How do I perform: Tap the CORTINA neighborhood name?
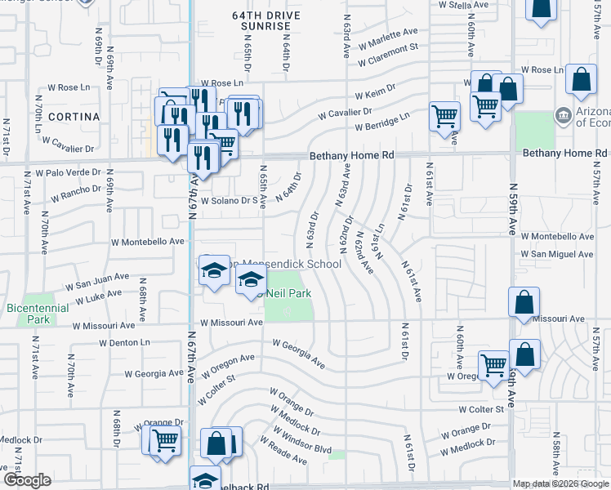pyautogui.click(x=74, y=117)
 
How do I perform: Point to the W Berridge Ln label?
pyautogui.click(x=382, y=122)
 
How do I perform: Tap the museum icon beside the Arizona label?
pyautogui.click(x=562, y=116)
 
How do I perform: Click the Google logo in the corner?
pyautogui.click(x=27, y=480)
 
